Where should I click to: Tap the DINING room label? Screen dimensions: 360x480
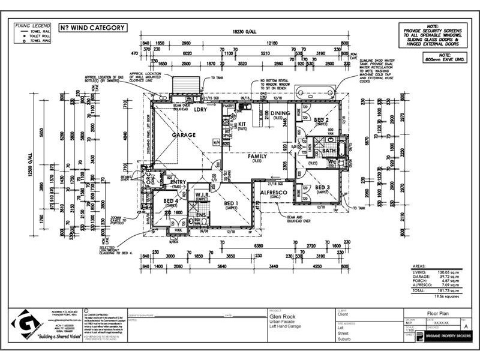pyautogui.click(x=280, y=113)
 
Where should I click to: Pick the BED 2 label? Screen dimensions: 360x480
pyautogui.click(x=321, y=120)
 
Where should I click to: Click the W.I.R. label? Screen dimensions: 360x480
pyautogui.click(x=201, y=195)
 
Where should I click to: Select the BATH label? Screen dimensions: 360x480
pyautogui.click(x=329, y=151)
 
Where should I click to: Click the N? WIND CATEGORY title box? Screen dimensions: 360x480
pyautogui.click(x=92, y=28)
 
